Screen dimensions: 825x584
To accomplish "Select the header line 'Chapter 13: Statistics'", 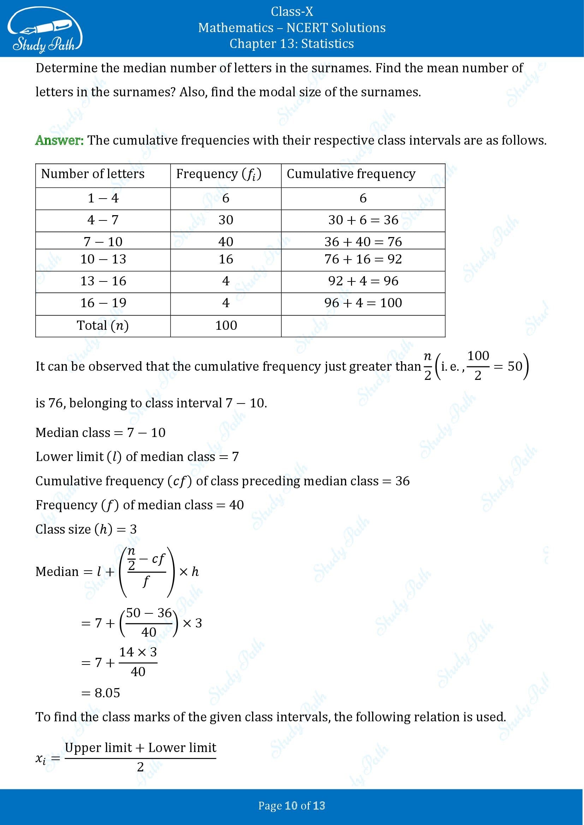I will (292, 43).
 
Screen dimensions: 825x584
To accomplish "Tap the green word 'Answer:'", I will (59, 140).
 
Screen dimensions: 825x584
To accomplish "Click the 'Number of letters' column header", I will (93, 174).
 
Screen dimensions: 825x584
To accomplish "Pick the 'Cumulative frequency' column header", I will (351, 174).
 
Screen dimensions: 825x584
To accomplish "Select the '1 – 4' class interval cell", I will (103, 198).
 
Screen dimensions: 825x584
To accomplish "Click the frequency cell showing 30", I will (226, 220).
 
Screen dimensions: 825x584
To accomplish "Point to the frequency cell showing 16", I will (226, 259).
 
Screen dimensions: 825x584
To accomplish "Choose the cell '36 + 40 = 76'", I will (363, 242).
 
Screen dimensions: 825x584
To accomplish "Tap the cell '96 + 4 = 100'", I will (363, 303).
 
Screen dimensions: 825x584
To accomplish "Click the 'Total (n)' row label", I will (103, 326).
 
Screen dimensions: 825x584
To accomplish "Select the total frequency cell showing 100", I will (226, 326).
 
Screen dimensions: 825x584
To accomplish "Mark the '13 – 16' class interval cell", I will (103, 281).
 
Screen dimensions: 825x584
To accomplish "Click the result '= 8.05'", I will (101, 693).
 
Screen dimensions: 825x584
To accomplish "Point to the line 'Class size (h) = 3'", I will (86, 529).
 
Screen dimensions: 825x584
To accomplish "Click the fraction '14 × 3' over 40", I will (138, 662).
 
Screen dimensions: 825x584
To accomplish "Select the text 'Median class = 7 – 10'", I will (100, 433).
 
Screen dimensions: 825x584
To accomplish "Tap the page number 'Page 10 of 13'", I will (292, 806).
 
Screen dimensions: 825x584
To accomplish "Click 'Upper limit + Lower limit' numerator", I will (140, 748).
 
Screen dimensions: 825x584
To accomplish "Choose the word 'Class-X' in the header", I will (292, 12).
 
